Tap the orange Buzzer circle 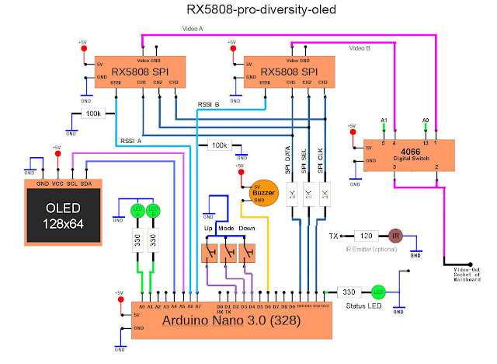point(262,191)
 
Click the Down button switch point(248,251)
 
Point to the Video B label point(360,48)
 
